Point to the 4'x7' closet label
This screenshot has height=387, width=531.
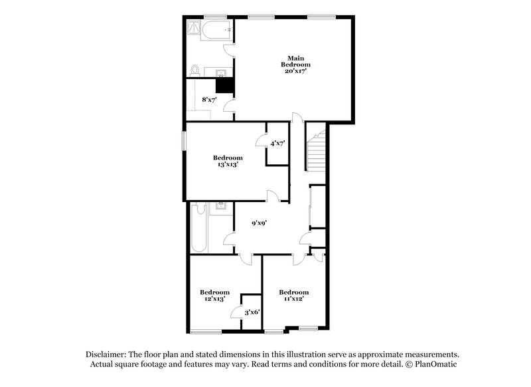[277, 142]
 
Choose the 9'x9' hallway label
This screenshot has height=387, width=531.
[258, 223]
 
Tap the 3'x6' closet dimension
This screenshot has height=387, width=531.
[252, 312]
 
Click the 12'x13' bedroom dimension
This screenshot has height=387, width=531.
[214, 299]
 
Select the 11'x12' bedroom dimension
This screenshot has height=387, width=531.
[293, 299]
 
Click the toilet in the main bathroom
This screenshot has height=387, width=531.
[194, 70]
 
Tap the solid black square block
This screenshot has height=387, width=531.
[225, 84]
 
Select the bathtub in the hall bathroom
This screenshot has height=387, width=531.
[198, 229]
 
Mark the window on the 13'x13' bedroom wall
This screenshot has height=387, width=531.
[185, 142]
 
